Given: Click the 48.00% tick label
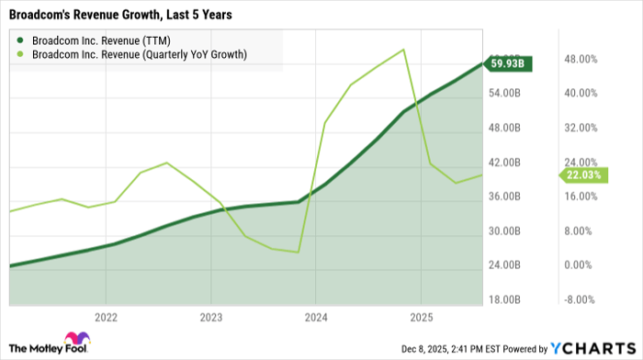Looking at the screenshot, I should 581,59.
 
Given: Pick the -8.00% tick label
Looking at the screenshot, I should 581,300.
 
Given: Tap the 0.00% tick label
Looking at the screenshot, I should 581,265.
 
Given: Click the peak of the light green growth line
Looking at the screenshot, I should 404,50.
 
